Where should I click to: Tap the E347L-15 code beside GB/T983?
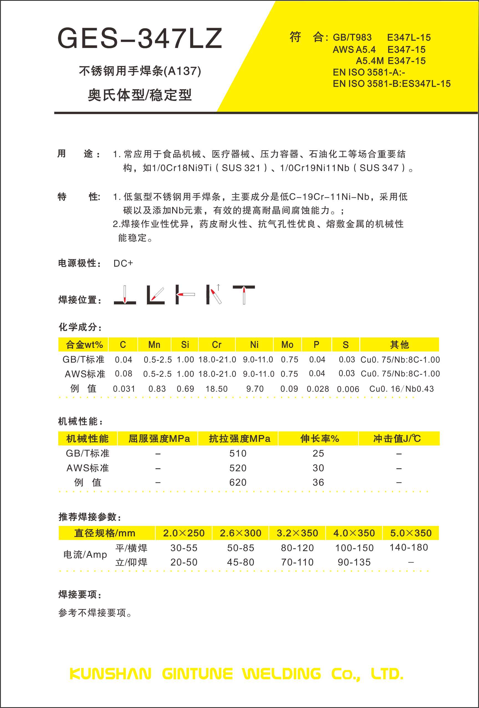tap(409, 37)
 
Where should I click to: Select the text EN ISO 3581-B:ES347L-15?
tap(392, 83)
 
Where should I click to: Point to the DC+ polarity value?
tap(123, 263)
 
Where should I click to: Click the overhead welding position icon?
tap(244, 295)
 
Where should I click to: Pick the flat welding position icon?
tap(125, 295)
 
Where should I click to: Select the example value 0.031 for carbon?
tap(124, 389)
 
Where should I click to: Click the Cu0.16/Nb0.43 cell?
tap(401, 389)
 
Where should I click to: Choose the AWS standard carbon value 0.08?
tap(123, 373)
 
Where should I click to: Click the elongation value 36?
tap(318, 482)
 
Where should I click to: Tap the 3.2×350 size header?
tap(297, 533)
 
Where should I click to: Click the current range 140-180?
tap(409, 547)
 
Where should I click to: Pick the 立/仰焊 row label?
tap(131, 562)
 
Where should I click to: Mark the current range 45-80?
tap(240, 562)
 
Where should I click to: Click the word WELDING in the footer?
tap(281, 674)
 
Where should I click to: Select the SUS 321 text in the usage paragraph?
tap(241, 168)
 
